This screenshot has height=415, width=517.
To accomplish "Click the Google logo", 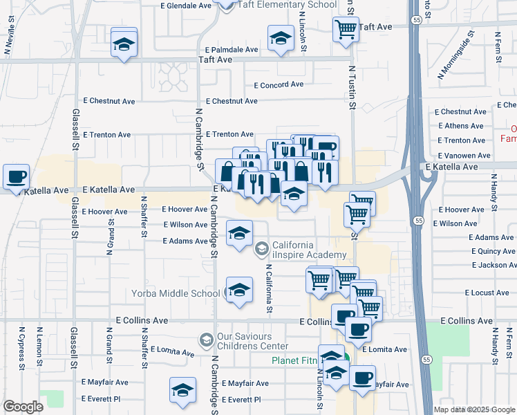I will pyautogui.click(x=23, y=407).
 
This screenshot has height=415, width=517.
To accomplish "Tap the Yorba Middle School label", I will pyautogui.click(x=176, y=293).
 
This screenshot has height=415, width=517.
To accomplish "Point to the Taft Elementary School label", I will pyautogui.click(x=286, y=4).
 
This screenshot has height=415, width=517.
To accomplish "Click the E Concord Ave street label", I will pyautogui.click(x=279, y=85).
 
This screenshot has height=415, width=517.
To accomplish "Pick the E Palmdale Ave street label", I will pyautogui.click(x=232, y=50).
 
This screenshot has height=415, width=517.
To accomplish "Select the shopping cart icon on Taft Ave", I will pyautogui.click(x=345, y=30).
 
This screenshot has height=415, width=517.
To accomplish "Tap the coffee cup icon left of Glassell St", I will pyautogui.click(x=16, y=176).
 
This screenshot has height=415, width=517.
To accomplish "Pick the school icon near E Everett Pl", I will pyautogui.click(x=182, y=390).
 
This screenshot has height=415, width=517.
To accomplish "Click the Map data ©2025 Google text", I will pyautogui.click(x=474, y=409).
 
